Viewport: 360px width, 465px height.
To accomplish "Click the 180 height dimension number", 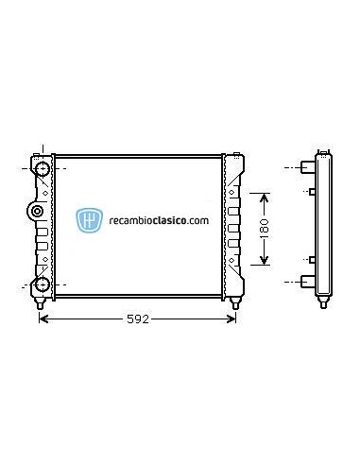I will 266,228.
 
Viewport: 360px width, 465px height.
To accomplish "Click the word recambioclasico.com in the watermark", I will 158,221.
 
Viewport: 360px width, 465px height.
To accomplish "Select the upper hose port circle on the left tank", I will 42,169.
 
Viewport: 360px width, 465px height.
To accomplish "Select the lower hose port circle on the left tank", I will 42,284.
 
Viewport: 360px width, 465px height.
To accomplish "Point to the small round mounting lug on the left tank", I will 33,210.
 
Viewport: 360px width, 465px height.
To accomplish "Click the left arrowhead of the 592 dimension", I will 42,319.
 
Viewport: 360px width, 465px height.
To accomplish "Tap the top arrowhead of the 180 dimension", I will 266,196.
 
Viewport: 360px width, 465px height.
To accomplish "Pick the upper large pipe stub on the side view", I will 307,168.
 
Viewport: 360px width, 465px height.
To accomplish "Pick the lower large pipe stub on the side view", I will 307,281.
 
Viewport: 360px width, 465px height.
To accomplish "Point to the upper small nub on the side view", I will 311,191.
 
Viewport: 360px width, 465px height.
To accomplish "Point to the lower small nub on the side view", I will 311,258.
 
